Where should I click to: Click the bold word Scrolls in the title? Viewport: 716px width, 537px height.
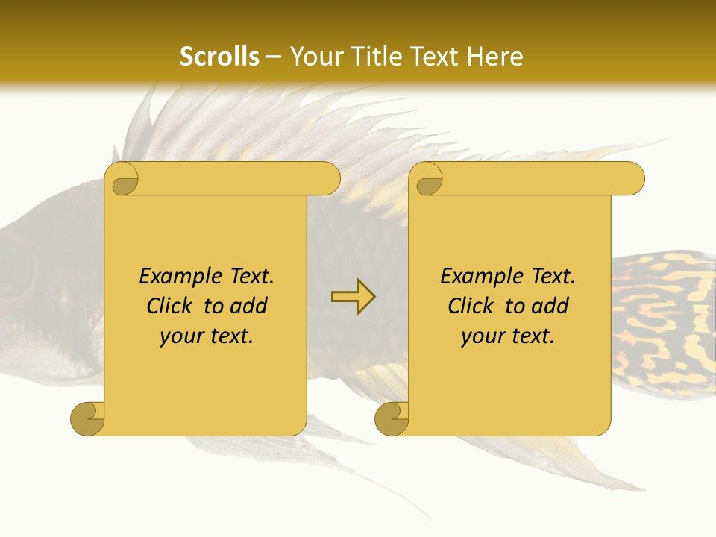tap(219, 56)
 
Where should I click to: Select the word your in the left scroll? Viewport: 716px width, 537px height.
tap(182, 336)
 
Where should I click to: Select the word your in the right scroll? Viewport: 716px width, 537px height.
tap(483, 336)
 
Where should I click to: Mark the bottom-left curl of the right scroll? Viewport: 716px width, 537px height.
tap(392, 418)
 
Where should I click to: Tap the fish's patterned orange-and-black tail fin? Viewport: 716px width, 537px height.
tap(664, 321)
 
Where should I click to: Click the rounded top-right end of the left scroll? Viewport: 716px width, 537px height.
tap(328, 178)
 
